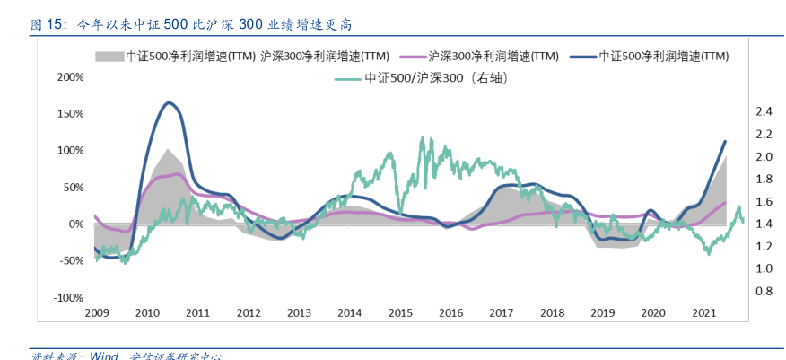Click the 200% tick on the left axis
pos(70,76)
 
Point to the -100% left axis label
pos(68,297)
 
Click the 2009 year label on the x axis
pos(96,313)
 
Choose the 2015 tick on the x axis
pos(400,313)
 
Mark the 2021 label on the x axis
pos(704,313)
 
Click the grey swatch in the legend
pos(108,56)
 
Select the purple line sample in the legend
pos(410,56)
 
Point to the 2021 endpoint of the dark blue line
pos(725,141)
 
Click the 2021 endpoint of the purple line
pos(725,202)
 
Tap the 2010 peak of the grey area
pos(168,149)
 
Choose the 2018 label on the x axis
pos(552,313)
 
